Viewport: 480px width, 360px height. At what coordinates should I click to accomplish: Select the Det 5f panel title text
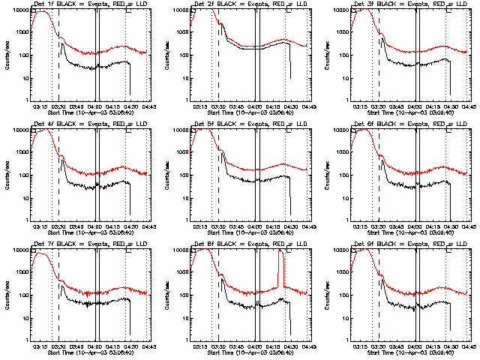[x=248, y=124]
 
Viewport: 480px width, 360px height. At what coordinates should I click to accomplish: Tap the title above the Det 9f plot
[x=409, y=244]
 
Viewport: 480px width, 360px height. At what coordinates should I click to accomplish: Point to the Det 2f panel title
[x=248, y=4]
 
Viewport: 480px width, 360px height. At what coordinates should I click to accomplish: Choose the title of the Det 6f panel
[x=409, y=124]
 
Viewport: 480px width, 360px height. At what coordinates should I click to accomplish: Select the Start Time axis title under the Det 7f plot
[x=88, y=351]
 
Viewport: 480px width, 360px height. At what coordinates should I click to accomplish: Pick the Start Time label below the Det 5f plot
[x=248, y=231]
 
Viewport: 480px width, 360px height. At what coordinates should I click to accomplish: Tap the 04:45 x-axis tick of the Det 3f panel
[x=469, y=106]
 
